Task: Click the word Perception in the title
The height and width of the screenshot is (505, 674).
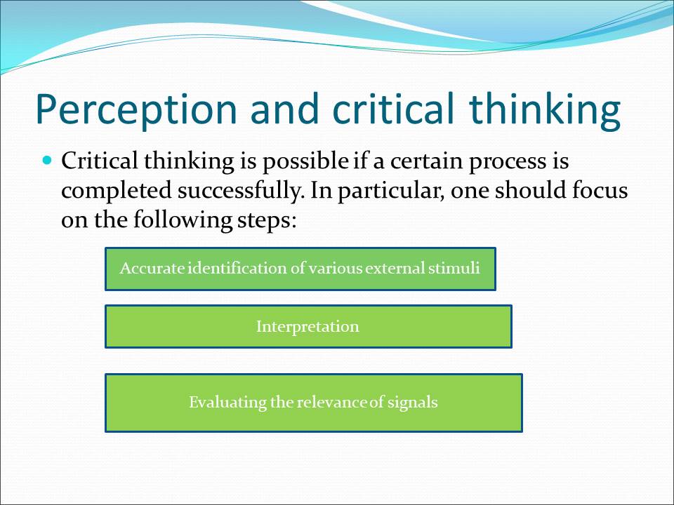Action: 137,110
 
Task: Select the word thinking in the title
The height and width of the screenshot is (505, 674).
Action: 545,110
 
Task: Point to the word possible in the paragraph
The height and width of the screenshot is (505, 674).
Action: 305,161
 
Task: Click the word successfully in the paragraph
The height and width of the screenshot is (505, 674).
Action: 239,191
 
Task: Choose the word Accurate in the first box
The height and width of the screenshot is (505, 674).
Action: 152,268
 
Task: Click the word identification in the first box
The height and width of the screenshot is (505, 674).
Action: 237,268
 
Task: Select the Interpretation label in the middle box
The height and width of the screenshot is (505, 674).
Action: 308,326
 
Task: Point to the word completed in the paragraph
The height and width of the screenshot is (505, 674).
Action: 117,191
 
